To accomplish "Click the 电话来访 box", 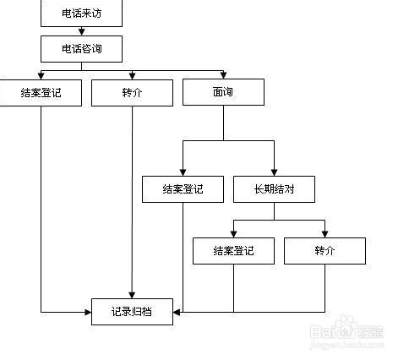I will (81, 13).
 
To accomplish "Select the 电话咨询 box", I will (81, 49).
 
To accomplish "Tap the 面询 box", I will (223, 92).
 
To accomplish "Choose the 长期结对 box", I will (274, 189).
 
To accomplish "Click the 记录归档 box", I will (132, 312).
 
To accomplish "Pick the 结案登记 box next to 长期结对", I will (183, 189).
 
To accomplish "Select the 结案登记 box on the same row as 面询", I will (41, 92).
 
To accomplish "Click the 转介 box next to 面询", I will (132, 92).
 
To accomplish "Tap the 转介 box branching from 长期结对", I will (324, 251).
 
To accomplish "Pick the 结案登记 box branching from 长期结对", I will (233, 251).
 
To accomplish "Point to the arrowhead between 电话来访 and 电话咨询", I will (81, 31).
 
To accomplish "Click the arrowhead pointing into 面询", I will (223, 76).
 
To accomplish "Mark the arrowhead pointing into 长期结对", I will (274, 172).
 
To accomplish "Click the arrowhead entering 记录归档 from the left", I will (87, 312).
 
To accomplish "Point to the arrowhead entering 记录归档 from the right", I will (177, 312).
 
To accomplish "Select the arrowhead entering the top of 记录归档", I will (132, 294).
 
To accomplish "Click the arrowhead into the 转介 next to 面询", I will (132, 76).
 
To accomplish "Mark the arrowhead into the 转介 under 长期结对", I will (324, 234).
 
